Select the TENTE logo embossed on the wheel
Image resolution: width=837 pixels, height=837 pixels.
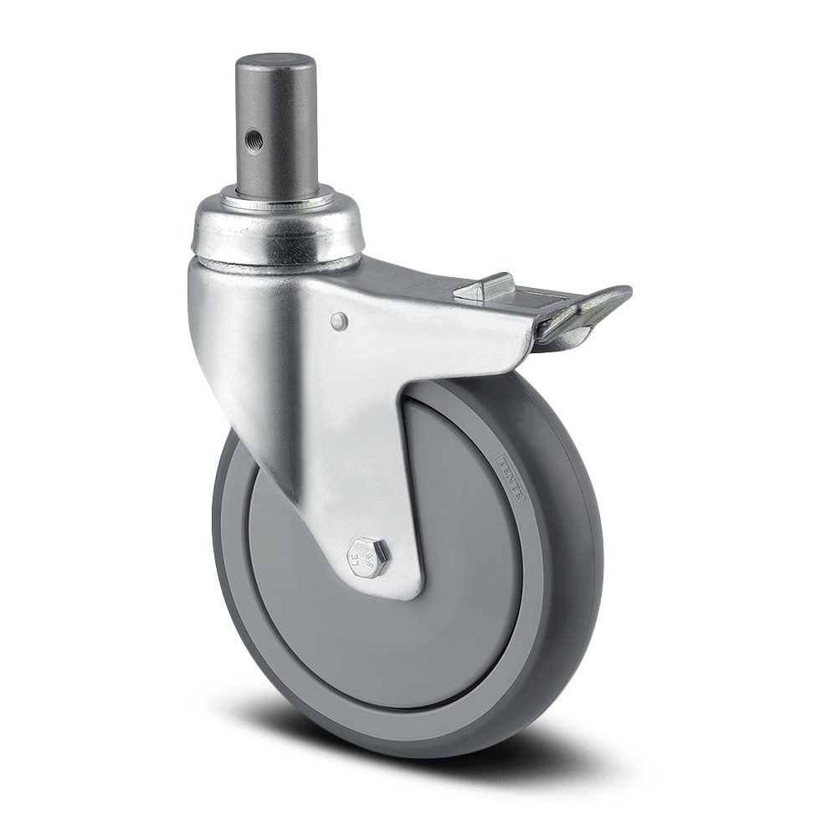[511, 478]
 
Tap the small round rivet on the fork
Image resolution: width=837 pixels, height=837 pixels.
[337, 320]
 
